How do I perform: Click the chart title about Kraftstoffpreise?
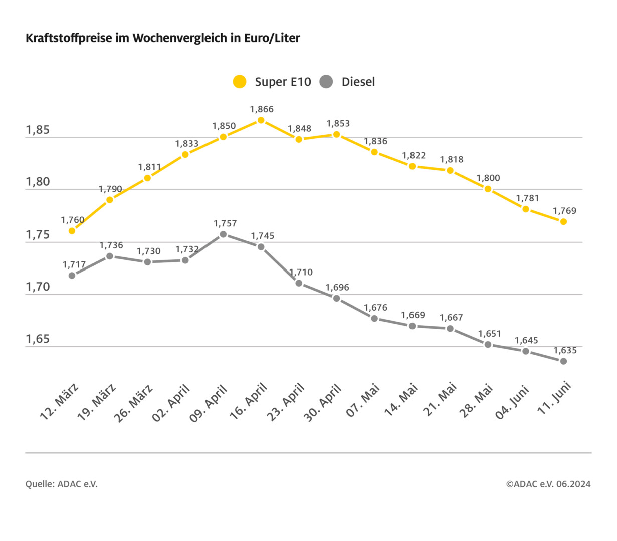(162, 38)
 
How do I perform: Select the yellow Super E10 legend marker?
(240, 82)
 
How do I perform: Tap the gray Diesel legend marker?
(326, 82)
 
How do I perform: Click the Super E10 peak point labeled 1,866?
(261, 120)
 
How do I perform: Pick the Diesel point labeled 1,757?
(224, 234)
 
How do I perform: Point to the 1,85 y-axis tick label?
(38, 130)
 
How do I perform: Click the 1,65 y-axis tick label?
(38, 339)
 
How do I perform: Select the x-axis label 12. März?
(60, 401)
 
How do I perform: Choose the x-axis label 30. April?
(323, 402)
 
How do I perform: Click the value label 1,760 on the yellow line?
(73, 220)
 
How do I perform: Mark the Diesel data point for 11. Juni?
(563, 361)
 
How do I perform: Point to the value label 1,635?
(565, 350)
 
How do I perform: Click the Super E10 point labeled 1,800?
(488, 189)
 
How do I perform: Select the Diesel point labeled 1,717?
(72, 275)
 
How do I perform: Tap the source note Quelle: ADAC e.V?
(62, 484)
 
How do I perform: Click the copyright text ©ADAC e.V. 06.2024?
(548, 484)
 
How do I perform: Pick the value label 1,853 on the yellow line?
(338, 123)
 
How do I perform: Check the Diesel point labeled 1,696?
(337, 298)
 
